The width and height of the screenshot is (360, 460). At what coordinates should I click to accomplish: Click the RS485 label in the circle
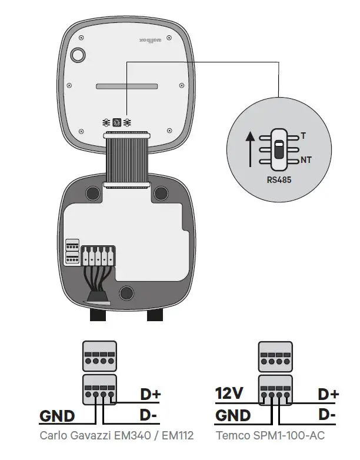[x=278, y=181]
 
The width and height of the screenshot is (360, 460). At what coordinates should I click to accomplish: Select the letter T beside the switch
[x=304, y=136]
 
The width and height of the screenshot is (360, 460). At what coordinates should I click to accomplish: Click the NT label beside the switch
[x=306, y=160]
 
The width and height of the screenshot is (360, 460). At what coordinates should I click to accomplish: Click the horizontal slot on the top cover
[x=127, y=86]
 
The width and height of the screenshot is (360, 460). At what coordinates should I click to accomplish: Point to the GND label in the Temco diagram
[x=233, y=415]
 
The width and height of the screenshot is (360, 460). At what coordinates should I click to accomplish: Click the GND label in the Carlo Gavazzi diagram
[x=57, y=416]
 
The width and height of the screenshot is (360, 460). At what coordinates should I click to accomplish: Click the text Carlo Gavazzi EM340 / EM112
[x=116, y=436]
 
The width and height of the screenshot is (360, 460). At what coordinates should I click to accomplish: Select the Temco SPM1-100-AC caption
[x=270, y=436]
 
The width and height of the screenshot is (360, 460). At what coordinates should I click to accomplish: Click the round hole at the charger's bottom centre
[x=126, y=293]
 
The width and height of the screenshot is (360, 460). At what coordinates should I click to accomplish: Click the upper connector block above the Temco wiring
[x=275, y=357]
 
